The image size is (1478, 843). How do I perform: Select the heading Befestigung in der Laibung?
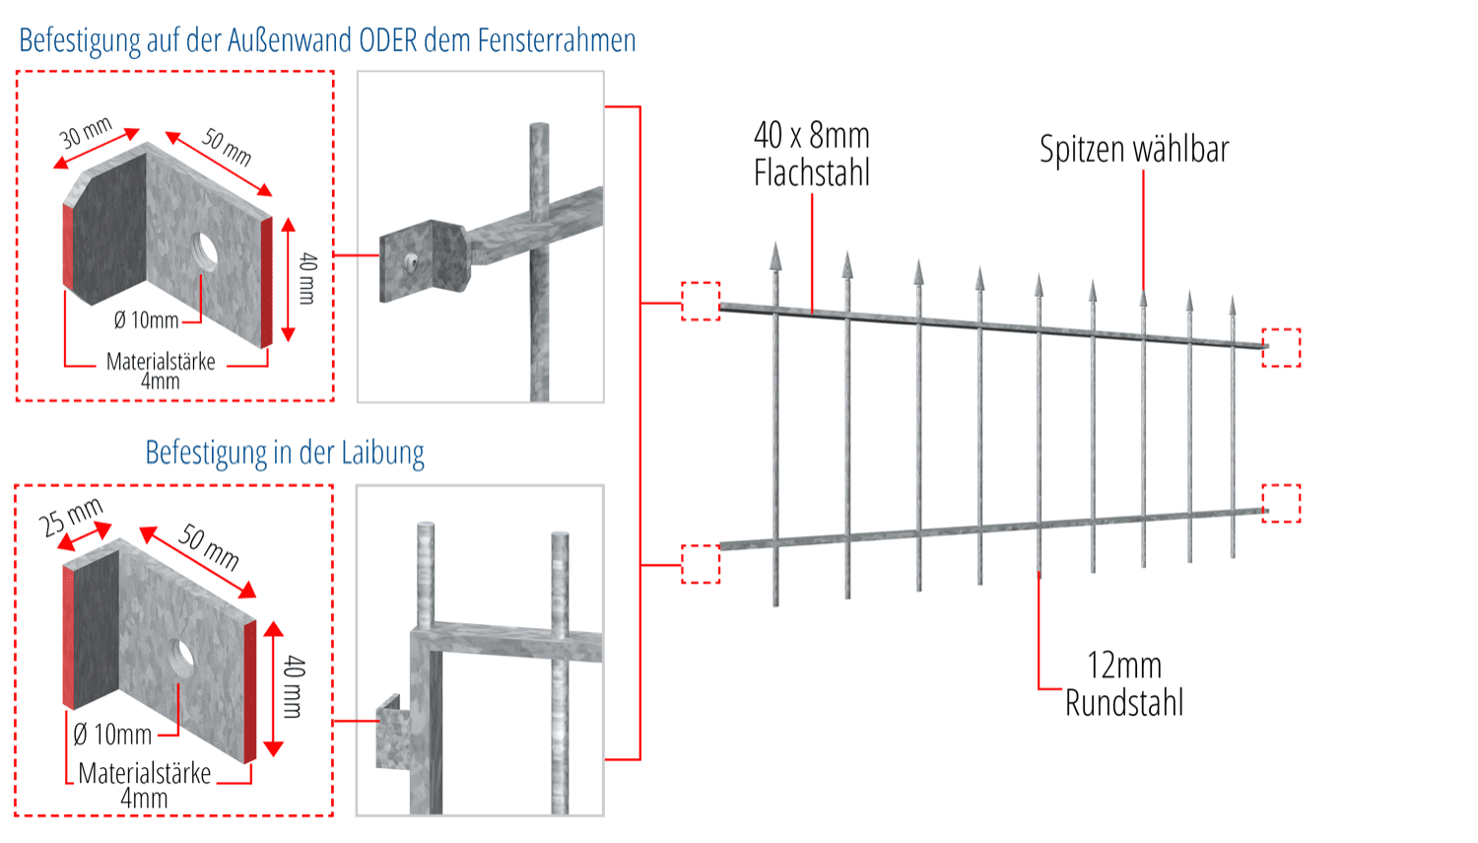285,453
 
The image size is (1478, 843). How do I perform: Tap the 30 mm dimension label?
86,133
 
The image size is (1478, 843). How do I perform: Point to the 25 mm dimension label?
71,518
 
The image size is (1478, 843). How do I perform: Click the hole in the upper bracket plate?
205,249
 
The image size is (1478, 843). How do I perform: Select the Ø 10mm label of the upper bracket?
146,320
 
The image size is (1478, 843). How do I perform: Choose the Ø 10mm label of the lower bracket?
112,735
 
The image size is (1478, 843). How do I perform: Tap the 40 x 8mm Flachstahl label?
812,154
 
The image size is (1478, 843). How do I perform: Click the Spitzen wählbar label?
1134,150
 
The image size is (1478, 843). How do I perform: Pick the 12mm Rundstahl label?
1124,684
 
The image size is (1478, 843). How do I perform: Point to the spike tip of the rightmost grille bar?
1233,304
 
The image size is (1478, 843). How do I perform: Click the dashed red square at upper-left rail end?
701,301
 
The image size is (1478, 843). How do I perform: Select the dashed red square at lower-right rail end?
1281,503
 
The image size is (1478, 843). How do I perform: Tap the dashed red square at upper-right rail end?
1281,347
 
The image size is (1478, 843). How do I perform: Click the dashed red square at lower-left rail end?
701,564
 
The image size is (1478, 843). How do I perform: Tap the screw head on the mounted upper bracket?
410,261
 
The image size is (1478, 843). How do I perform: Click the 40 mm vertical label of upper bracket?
307,278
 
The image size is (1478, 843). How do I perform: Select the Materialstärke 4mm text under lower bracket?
145,785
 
